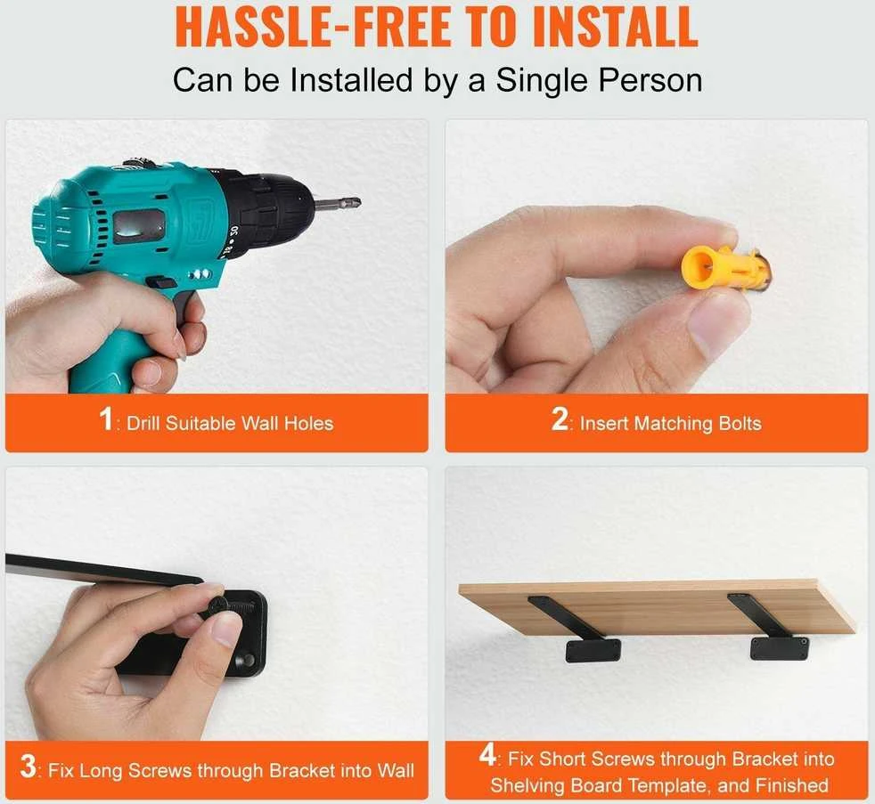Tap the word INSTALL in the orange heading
(615, 26)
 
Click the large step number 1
(106, 418)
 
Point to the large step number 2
(560, 418)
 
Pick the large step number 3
(28, 766)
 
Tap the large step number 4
(487, 755)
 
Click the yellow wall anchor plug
(725, 268)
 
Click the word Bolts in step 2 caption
(740, 423)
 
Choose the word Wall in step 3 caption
(395, 770)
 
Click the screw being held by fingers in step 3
(219, 605)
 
